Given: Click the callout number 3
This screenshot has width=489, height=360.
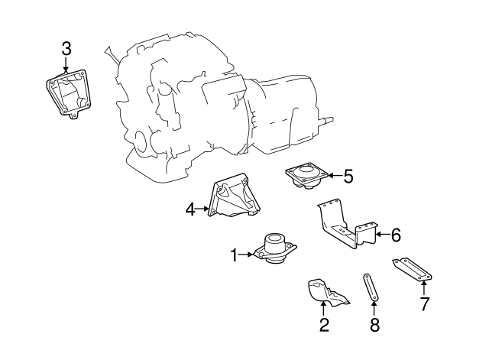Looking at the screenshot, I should pyautogui.click(x=66, y=48).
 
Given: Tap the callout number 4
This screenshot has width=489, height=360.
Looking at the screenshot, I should pyautogui.click(x=190, y=207).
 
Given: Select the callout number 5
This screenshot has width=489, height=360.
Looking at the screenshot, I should pyautogui.click(x=348, y=177).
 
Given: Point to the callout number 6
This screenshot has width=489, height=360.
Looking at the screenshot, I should pyautogui.click(x=396, y=235).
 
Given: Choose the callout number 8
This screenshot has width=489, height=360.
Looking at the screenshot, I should pyautogui.click(x=374, y=326).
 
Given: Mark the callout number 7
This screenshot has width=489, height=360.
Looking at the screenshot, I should pyautogui.click(x=424, y=305).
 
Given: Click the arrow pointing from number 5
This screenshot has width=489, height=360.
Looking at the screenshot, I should pyautogui.click(x=334, y=177).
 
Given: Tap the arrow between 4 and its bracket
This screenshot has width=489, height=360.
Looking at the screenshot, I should pyautogui.click(x=202, y=207).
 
